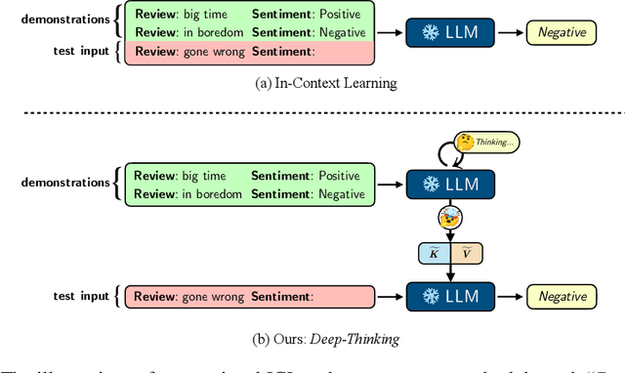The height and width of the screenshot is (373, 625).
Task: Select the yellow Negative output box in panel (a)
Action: pyautogui.click(x=562, y=33)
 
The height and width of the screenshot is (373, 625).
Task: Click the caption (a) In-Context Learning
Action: pyautogui.click(x=312, y=83)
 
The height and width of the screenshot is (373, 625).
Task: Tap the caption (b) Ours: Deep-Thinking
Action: pyautogui.click(x=312, y=340)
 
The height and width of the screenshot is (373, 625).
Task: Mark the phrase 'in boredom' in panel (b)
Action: pyautogui.click(x=213, y=194)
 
